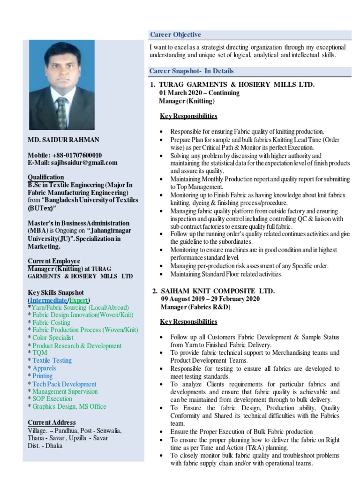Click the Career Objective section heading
point(175,35)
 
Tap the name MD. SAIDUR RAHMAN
point(63,140)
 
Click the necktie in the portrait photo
point(61,112)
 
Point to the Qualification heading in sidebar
point(46,177)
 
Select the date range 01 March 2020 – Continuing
point(199,93)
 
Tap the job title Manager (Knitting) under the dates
point(187,101)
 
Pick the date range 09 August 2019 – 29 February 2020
point(210,299)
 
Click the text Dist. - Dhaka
point(45,446)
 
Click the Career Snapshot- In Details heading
point(191,71)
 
